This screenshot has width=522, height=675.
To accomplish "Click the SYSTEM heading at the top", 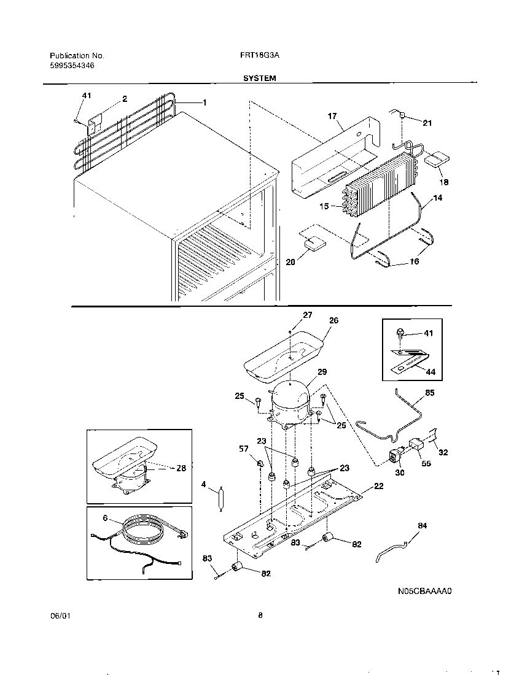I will coord(259,78).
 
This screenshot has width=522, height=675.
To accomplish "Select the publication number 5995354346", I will coord(72,65).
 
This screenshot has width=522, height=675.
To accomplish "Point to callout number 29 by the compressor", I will coord(322,372).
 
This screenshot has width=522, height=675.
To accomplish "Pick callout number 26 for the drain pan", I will coord(333,320).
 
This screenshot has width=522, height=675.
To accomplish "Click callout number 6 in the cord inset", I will coord(104,519).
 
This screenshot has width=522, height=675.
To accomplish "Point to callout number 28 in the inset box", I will coord(181,468).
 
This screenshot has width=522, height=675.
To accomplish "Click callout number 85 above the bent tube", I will coord(429,392).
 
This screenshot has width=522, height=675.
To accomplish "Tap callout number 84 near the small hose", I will coord(422,525).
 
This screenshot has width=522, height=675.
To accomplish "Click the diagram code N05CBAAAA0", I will coord(425,592).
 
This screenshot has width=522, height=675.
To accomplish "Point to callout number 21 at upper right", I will coord(427,123).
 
